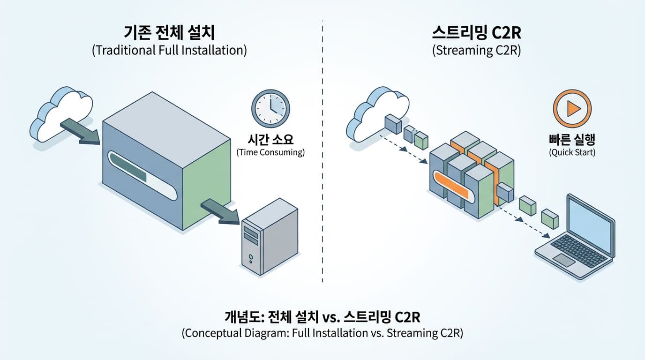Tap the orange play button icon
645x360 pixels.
(572, 109)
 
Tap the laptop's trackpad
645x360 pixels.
(564, 260)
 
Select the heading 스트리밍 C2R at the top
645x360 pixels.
(477, 33)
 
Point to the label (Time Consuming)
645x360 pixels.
(270, 152)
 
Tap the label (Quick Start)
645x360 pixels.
(572, 152)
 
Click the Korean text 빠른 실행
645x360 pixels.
(572, 139)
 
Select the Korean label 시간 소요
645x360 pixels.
(270, 139)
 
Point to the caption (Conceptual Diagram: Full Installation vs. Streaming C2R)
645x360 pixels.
(322, 333)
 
